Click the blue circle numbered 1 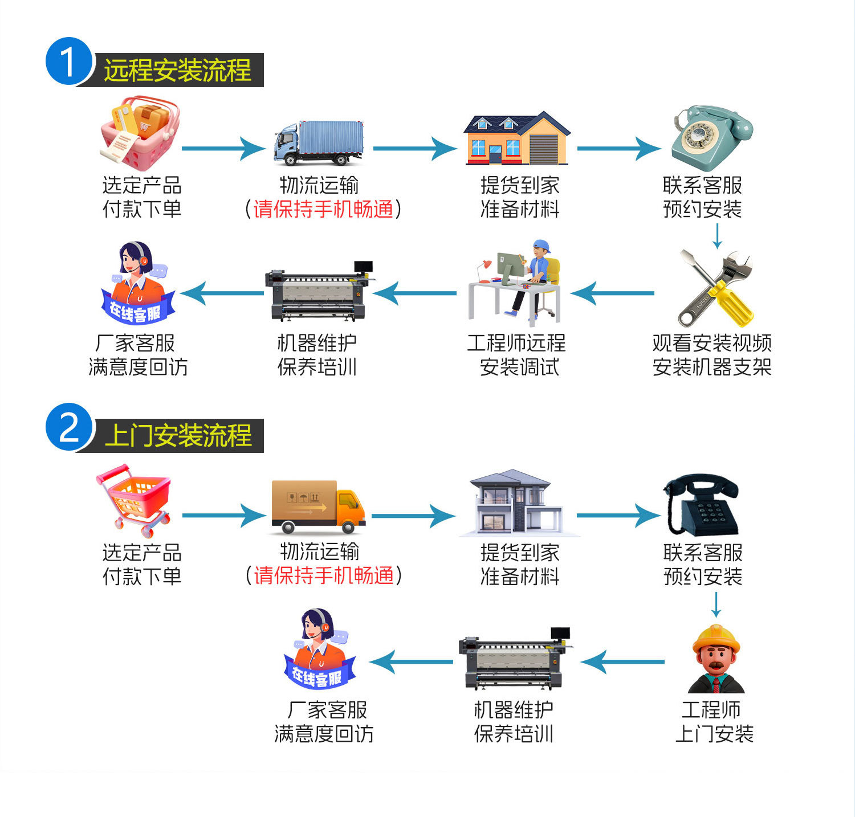[68, 62]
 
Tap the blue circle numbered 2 [68, 427]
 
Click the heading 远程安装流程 [177, 71]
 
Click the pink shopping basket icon [140, 133]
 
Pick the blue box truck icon [319, 142]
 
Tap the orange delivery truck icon [318, 506]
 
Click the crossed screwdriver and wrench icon [716, 288]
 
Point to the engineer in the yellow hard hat [716, 659]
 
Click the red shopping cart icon [135, 500]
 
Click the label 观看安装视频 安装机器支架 [712, 355]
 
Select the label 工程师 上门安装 [714, 721]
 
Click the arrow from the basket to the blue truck [223, 149]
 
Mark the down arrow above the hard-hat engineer [716, 605]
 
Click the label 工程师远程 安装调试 [517, 355]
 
